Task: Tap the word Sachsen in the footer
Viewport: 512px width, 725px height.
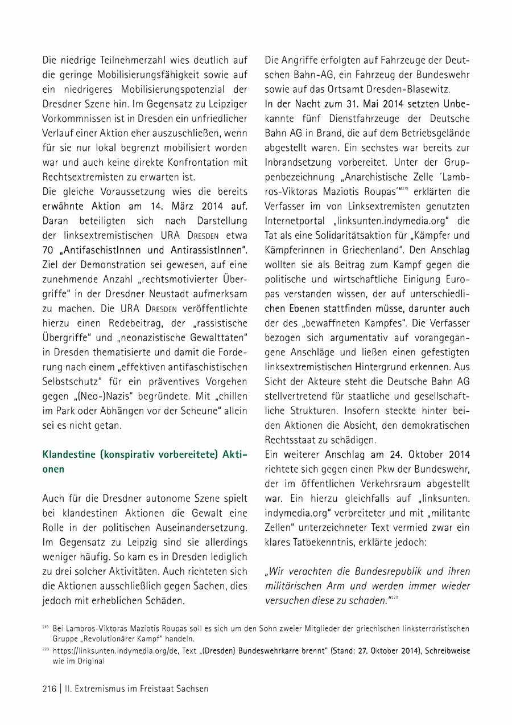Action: [x=191, y=689]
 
